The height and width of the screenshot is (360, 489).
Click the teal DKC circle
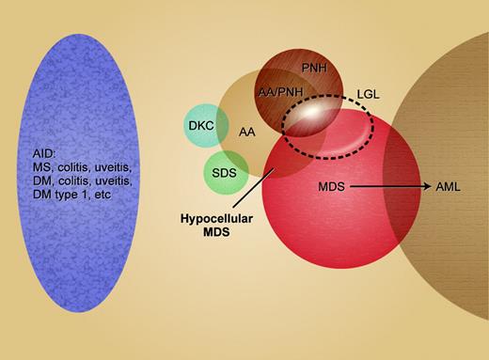(x=200, y=124)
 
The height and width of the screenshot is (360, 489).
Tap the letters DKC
(x=200, y=124)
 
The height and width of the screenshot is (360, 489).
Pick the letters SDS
(x=226, y=172)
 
